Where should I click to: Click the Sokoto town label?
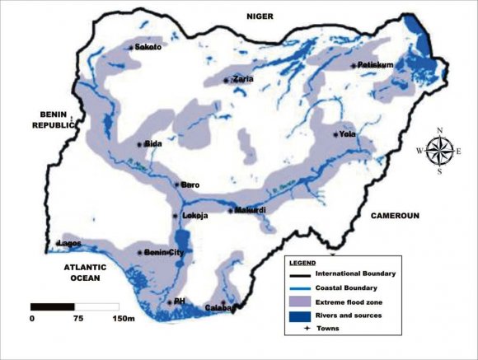pyautogui.click(x=148, y=48)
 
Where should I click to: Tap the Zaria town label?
pyautogui.click(x=242, y=79)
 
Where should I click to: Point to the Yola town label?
pyautogui.click(x=346, y=133)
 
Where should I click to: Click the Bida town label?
pyautogui.click(x=152, y=143)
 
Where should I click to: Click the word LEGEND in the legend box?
pyautogui.click(x=302, y=261)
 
